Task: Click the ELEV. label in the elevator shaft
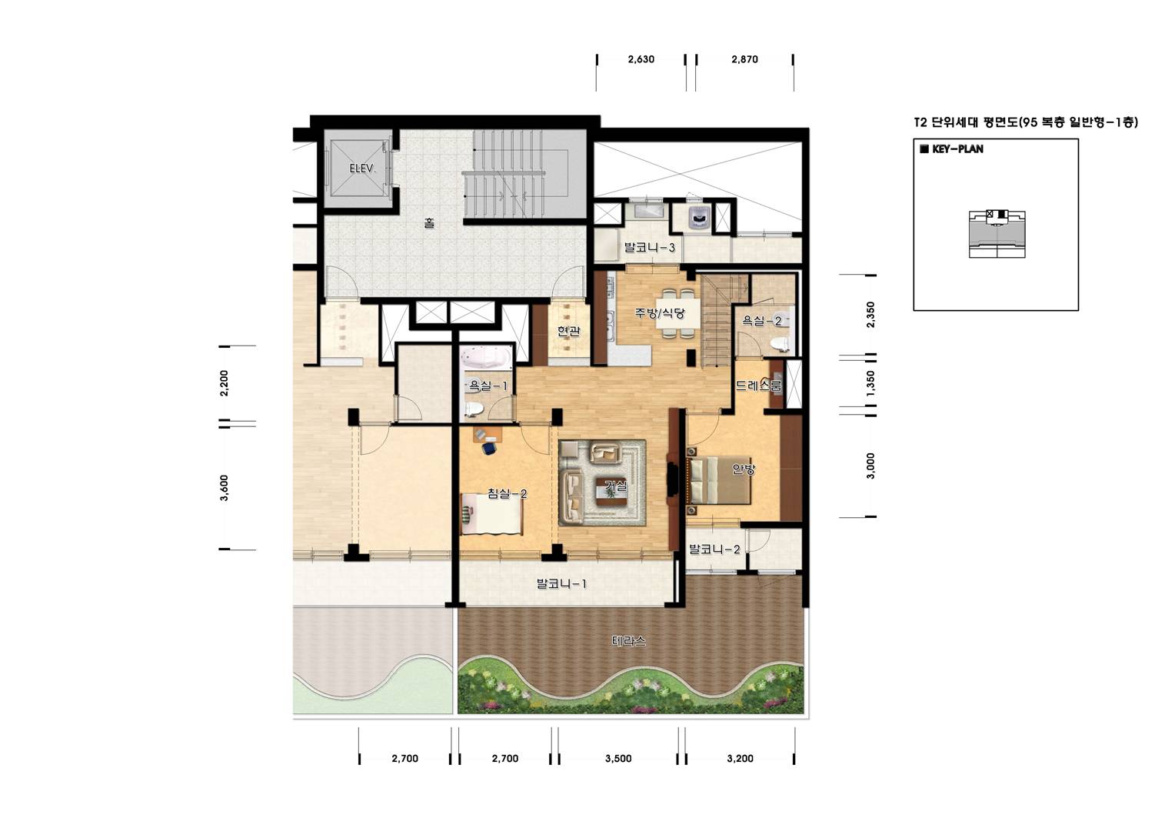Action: click(362, 169)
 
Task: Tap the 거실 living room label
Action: click(616, 486)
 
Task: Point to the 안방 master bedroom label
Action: click(744, 469)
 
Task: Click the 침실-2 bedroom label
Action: click(508, 493)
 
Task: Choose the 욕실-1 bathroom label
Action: click(488, 386)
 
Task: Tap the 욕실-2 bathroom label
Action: click(761, 320)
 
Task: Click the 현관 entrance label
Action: click(568, 332)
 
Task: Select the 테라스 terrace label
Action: click(628, 641)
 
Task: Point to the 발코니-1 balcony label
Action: click(561, 584)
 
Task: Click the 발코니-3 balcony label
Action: click(649, 247)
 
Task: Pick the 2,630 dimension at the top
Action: click(641, 59)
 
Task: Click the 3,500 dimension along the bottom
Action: click(618, 759)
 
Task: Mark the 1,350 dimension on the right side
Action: click(871, 383)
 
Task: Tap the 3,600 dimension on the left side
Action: click(224, 488)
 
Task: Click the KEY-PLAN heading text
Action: click(957, 149)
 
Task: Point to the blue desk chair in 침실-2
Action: click(489, 447)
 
